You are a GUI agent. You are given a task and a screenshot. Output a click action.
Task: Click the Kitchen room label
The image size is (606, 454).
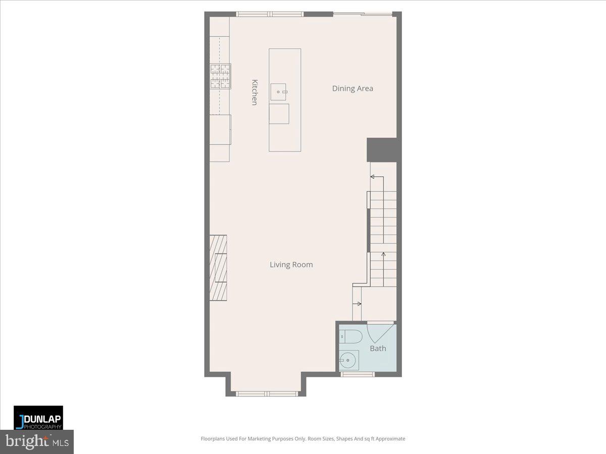[255, 92]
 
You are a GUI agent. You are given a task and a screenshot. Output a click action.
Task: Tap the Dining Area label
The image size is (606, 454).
[352, 89]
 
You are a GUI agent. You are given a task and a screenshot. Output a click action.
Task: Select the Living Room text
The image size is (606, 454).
[291, 265]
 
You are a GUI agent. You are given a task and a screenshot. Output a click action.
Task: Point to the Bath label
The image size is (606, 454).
[378, 349]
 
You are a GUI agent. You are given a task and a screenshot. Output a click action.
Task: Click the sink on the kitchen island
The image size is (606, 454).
[278, 92]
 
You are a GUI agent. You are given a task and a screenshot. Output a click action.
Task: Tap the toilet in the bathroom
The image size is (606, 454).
[349, 336]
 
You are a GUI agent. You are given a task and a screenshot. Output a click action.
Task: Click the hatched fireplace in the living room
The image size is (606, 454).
[218, 268]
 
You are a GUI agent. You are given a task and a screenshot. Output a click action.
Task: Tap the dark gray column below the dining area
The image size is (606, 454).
[383, 150]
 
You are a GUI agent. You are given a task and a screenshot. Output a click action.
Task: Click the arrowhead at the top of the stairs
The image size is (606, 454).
[373, 177]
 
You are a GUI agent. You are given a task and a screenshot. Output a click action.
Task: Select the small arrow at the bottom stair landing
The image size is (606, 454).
[359, 304]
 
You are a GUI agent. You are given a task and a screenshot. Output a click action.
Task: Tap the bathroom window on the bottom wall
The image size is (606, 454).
[357, 374]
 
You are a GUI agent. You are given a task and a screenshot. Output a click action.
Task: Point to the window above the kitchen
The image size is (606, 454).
[270, 14]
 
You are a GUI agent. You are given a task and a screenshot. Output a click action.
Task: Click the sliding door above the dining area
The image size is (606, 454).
[363, 14]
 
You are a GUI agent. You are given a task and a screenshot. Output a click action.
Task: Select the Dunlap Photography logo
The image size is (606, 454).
[38, 418]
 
